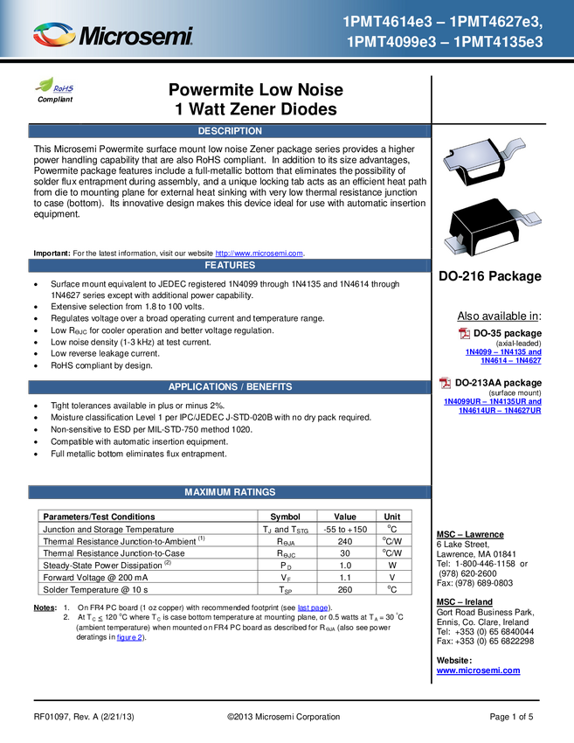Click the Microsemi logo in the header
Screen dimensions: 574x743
[113, 35]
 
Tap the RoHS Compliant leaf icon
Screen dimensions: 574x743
[45, 85]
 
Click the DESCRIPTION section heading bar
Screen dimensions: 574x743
[230, 131]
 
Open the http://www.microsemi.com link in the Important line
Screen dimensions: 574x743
[259, 253]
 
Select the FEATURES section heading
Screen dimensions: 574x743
[230, 266]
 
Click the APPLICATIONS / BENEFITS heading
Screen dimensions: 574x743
[230, 386]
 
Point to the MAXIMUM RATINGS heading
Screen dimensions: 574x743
[230, 492]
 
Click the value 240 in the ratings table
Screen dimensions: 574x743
[345, 541]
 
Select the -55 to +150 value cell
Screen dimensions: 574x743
[345, 530]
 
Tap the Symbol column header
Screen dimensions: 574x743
[285, 517]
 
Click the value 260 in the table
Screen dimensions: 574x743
[345, 589]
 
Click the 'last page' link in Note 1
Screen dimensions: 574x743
[313, 608]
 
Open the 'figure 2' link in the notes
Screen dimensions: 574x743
[129, 637]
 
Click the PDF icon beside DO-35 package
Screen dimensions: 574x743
[464, 333]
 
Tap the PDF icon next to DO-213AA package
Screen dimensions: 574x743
[446, 382]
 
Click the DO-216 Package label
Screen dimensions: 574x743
[490, 276]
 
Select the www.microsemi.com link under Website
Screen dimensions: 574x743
[479, 670]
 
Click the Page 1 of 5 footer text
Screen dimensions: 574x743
[511, 717]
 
